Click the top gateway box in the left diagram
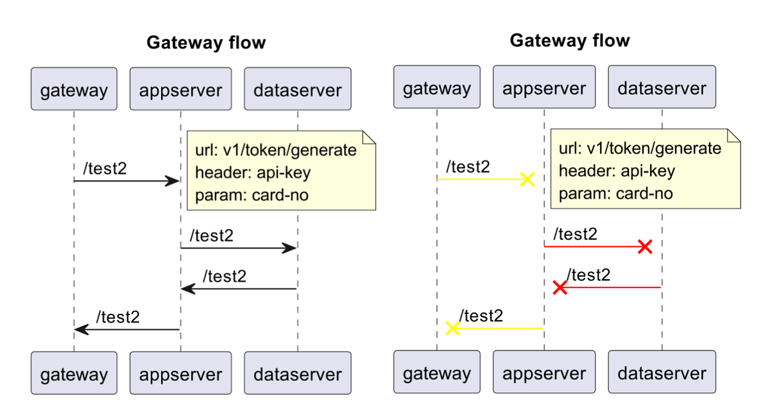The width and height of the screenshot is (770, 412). click(74, 89)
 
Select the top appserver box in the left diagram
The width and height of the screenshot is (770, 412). click(180, 89)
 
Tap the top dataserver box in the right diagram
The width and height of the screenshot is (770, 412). click(662, 87)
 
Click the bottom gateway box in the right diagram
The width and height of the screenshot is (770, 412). click(436, 372)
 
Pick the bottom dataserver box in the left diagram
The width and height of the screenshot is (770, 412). click(297, 373)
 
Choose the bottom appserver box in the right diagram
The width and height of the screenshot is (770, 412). click(544, 372)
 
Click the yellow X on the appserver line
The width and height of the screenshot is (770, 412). click(527, 179)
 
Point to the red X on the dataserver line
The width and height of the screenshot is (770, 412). click(645, 246)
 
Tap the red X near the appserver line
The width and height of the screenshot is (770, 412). click(560, 288)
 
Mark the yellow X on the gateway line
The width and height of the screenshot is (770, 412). click(452, 329)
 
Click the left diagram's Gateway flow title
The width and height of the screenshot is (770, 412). click(206, 43)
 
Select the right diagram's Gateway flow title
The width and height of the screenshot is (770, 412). click(569, 41)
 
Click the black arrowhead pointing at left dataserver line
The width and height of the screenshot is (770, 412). click(289, 248)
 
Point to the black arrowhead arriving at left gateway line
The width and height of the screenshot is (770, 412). click(81, 330)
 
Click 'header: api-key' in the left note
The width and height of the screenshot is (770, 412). click(253, 173)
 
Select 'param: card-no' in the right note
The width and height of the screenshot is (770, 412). click(615, 193)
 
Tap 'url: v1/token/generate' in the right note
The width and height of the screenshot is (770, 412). click(640, 149)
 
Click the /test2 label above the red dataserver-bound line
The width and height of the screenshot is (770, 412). click(575, 234)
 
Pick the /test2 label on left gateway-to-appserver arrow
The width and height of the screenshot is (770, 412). click(105, 168)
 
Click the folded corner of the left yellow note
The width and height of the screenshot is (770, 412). click(369, 136)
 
